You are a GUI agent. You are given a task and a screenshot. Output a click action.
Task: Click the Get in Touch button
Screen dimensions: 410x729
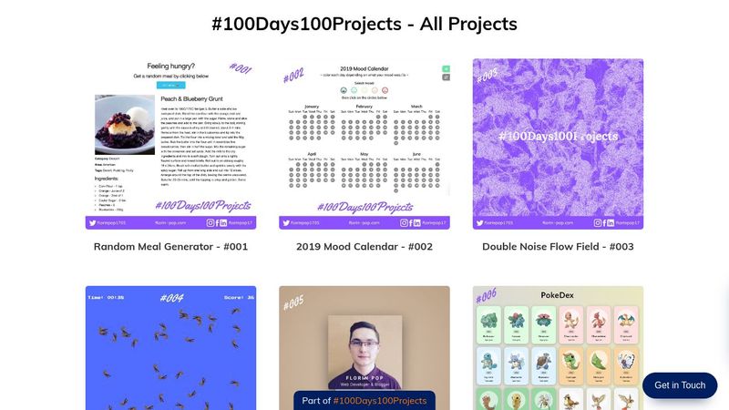click(x=680, y=385)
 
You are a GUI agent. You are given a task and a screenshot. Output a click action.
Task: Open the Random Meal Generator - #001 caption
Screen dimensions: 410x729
click(x=170, y=246)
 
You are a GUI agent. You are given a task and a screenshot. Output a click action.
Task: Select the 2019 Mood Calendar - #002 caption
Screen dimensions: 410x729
click(x=364, y=246)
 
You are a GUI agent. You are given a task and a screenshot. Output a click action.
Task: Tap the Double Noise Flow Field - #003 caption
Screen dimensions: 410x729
click(x=558, y=246)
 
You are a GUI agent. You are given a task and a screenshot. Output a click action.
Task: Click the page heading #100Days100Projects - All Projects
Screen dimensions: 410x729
click(x=364, y=24)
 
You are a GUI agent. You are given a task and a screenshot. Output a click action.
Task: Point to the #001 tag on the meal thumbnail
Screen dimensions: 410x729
click(x=240, y=68)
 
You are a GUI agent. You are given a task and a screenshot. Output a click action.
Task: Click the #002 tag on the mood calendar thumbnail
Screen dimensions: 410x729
click(x=293, y=77)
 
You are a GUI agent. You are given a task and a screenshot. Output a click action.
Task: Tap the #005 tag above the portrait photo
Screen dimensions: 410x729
click(x=293, y=302)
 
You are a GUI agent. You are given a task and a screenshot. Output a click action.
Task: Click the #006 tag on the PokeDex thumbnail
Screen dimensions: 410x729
click(x=487, y=295)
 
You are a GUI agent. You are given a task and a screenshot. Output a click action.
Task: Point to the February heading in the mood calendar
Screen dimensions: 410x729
click(x=364, y=107)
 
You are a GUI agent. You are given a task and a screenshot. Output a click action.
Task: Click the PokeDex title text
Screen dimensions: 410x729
click(x=558, y=296)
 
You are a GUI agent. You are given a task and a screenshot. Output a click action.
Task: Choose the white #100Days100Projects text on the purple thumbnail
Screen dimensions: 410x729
click(x=558, y=137)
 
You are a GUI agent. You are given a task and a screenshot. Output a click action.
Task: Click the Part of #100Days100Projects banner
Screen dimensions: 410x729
click(x=364, y=401)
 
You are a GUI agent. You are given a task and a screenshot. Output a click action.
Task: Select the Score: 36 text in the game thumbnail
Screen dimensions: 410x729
click(x=239, y=297)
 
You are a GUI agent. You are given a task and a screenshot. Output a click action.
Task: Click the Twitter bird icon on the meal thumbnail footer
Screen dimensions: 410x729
click(x=93, y=221)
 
